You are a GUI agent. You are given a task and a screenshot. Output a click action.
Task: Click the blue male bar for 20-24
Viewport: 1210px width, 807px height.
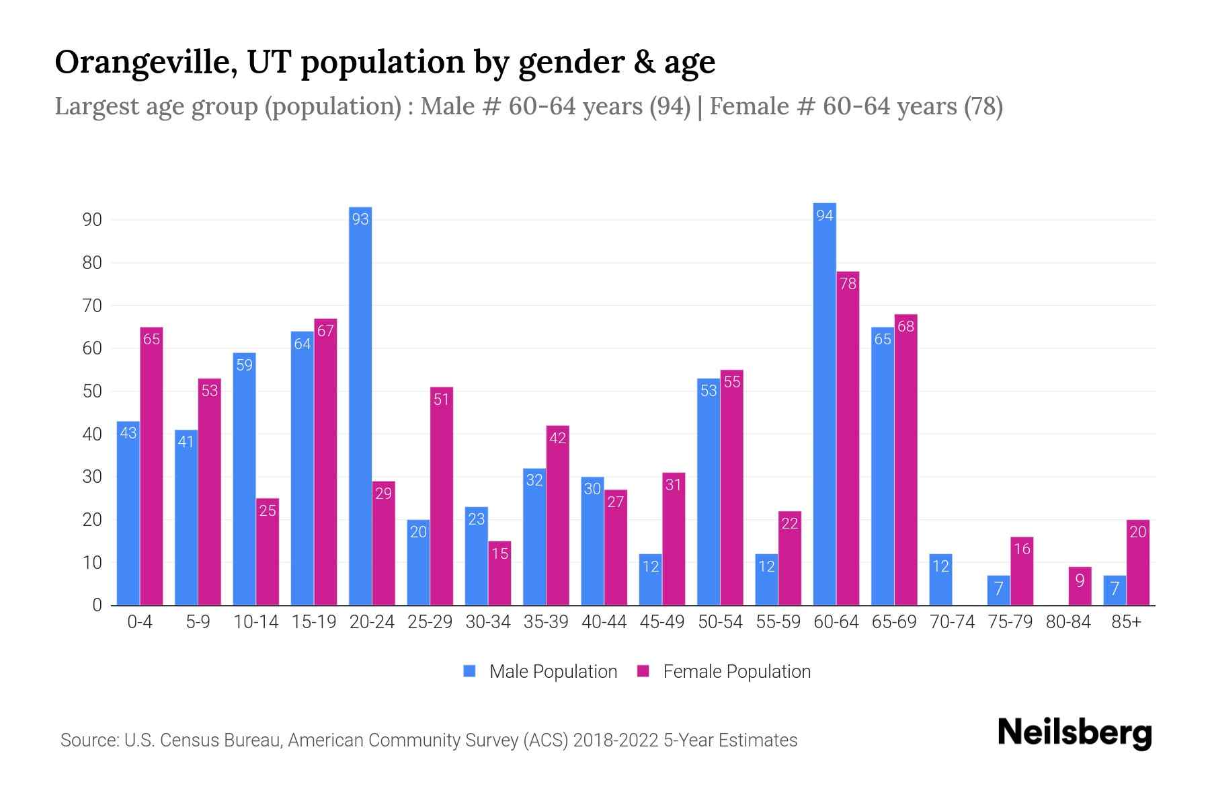[360, 406]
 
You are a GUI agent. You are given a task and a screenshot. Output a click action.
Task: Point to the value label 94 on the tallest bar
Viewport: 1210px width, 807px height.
[825, 215]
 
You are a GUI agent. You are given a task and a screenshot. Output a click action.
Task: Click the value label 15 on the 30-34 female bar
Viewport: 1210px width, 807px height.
[499, 553]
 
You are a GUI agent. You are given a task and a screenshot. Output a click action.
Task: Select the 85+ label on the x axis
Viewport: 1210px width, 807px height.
[1126, 622]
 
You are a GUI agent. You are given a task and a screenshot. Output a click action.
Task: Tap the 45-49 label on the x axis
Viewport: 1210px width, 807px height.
[662, 622]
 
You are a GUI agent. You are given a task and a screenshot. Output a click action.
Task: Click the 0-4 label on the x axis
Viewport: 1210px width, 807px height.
[140, 622]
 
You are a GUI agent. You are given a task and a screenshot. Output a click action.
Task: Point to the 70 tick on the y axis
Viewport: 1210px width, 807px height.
[92, 306]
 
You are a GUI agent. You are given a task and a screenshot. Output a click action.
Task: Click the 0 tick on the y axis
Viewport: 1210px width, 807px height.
[97, 605]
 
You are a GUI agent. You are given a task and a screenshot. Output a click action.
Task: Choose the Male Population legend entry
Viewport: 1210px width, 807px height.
[553, 672]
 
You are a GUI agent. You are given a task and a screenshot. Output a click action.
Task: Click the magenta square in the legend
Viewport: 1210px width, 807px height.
[643, 671]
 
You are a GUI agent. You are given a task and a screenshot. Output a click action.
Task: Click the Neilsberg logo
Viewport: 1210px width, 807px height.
[1074, 733]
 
